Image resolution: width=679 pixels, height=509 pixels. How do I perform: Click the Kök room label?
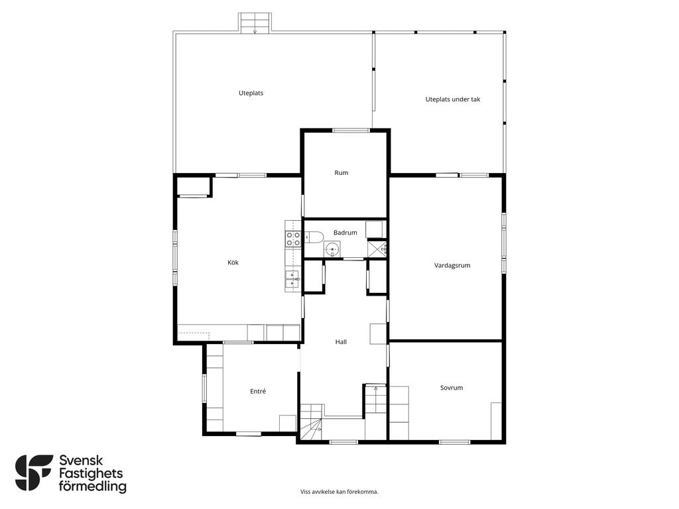coord(233,262)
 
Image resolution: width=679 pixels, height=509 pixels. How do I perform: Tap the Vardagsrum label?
coord(452,265)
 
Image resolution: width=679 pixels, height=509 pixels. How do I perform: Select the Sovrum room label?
coord(452,388)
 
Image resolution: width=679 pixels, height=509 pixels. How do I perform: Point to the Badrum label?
coord(345,233)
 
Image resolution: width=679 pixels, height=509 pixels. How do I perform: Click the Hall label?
coord(341,342)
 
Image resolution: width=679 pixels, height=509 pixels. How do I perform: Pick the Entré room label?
coord(258,391)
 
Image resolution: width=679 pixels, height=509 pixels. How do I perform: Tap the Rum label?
coord(341,173)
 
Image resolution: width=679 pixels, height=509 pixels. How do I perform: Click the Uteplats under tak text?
coord(453,99)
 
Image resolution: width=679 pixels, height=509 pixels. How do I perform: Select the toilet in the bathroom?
coord(314,237)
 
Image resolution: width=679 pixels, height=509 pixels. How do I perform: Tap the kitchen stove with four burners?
coord(293,239)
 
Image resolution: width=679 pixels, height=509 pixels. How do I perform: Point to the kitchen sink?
coord(292,280)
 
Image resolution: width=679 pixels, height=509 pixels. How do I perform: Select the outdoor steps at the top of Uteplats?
coord(255,23)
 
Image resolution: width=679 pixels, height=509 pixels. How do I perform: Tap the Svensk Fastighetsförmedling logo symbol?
coord(34,473)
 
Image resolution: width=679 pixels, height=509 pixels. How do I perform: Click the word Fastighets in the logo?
coord(91,473)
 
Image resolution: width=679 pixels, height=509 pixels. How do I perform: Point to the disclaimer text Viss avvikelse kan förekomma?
coord(339,492)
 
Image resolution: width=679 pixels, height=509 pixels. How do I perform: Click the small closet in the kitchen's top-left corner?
coord(194,186)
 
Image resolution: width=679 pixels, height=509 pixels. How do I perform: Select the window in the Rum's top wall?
coord(351,131)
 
